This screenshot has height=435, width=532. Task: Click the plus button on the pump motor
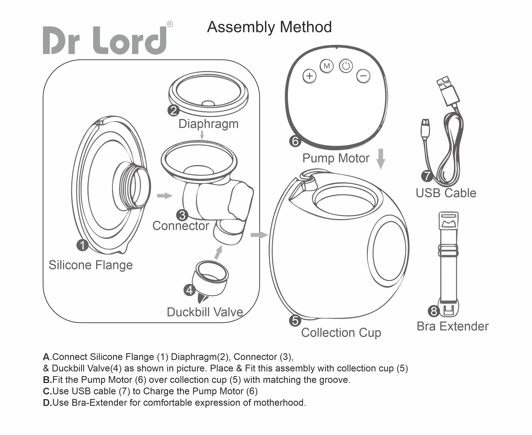[309, 76]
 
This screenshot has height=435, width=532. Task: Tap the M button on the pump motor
[327, 66]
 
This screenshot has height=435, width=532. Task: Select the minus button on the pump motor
[363, 76]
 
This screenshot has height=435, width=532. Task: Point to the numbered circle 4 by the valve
[190, 290]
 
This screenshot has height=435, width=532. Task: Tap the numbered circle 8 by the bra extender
[434, 311]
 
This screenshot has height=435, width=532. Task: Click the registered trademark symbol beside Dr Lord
[170, 24]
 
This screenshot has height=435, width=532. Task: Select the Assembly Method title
[269, 27]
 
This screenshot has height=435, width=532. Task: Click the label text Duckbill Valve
[205, 312]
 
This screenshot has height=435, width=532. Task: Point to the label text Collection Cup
[341, 333]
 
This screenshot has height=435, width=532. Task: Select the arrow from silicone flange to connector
[165, 195]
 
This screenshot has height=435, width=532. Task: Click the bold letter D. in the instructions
[47, 403]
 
